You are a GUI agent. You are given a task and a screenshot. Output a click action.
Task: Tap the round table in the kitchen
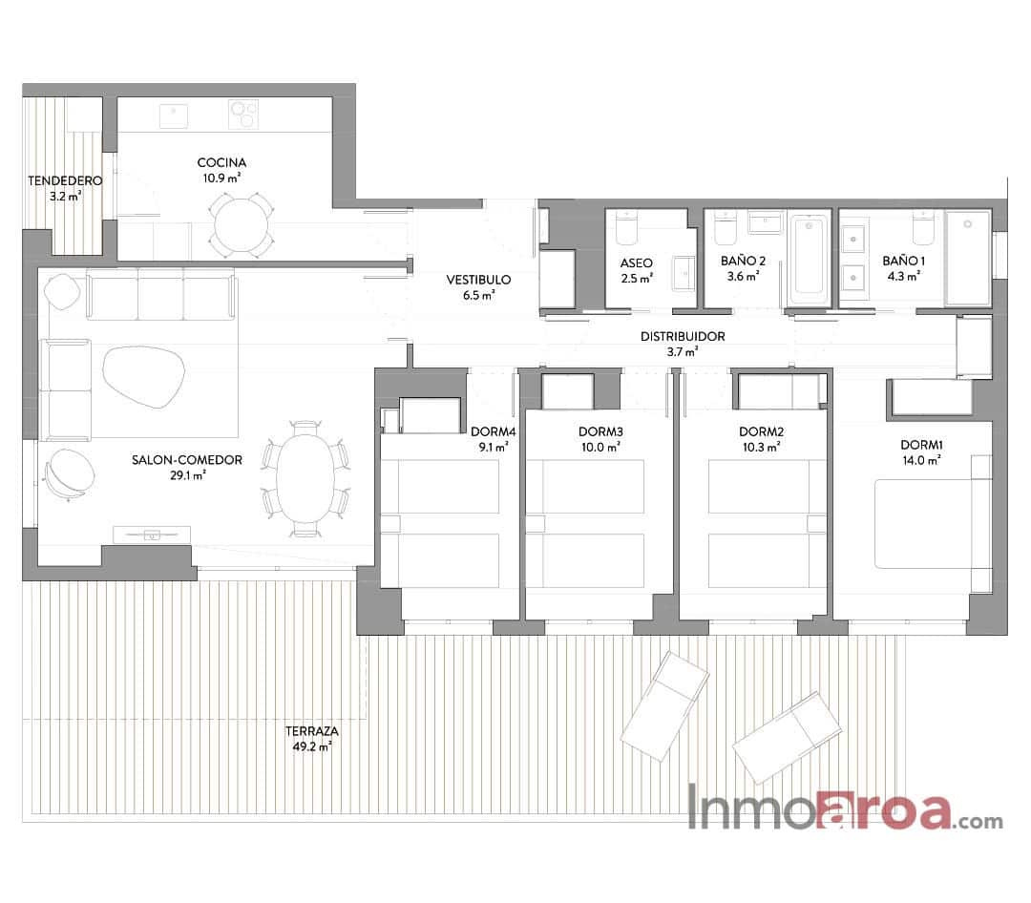pos(241,225)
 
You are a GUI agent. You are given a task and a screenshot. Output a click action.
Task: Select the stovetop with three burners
pos(243,114)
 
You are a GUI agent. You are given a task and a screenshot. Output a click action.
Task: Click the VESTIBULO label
pos(478,280)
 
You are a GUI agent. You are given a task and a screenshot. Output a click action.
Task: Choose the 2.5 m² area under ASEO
pos(637,278)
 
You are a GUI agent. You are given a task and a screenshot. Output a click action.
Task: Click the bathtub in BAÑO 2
pos(809,256)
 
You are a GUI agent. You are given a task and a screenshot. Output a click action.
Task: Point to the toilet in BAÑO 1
pos(922,228)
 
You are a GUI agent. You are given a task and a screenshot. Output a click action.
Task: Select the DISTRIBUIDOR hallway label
pos(683,336)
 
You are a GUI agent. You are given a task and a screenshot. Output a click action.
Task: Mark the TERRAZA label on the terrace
pos(312,732)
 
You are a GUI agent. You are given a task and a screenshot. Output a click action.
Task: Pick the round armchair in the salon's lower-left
pos(69,472)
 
